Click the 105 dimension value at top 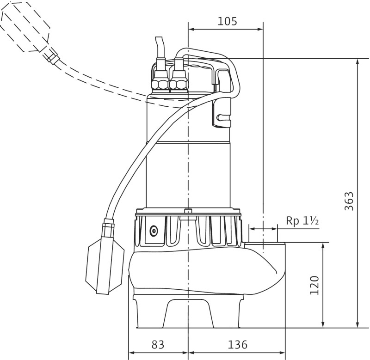click(x=227, y=22)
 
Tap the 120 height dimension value click(x=314, y=285)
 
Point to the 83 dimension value click(x=158, y=345)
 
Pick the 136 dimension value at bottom click(x=238, y=345)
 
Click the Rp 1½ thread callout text click(x=302, y=221)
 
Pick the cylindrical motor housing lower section click(x=188, y=176)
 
